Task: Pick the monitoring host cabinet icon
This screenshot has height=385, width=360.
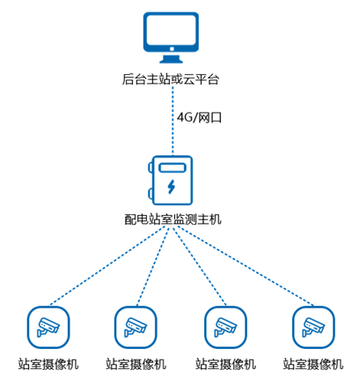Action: click(173, 178)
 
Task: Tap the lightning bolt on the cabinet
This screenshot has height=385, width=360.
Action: click(173, 186)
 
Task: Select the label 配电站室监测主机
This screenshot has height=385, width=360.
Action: click(173, 217)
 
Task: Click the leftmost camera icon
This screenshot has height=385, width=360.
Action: click(48, 326)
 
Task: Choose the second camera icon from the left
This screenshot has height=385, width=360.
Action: click(136, 326)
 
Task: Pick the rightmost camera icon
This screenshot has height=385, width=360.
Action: click(312, 326)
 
